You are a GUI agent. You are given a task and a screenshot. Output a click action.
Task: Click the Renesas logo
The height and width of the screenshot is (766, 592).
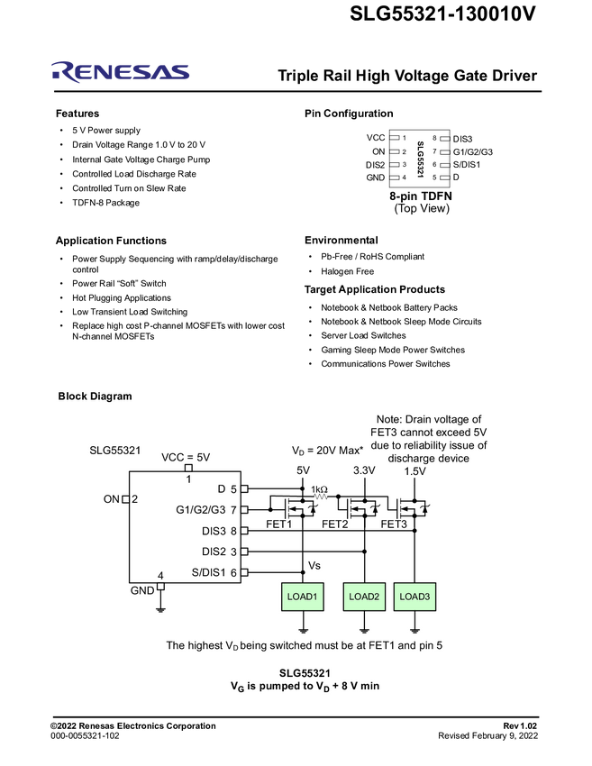pos(121,72)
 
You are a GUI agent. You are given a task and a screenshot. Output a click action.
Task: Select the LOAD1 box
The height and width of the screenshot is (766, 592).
pos(303,597)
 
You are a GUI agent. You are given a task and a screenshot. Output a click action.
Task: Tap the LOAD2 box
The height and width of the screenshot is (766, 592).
pos(364,597)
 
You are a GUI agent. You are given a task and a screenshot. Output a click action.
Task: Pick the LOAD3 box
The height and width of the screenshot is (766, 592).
pos(415,597)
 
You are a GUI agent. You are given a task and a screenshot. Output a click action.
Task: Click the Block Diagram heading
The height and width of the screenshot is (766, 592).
pos(95,397)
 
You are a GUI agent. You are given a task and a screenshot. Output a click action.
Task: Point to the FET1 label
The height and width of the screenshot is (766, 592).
pos(279,524)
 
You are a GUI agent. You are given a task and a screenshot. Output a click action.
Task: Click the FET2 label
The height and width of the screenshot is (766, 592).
pos(335,524)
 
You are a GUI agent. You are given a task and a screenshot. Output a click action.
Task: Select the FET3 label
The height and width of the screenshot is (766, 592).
pos(395,524)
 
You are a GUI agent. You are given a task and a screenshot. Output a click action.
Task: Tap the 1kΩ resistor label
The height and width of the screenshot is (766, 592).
pos(319,490)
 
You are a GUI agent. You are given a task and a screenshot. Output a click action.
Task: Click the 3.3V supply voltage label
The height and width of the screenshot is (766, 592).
pos(364,470)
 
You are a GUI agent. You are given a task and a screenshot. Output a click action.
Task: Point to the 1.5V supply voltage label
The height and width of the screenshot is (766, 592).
pos(415,470)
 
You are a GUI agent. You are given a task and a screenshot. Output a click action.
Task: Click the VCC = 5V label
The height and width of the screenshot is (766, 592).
pos(186,457)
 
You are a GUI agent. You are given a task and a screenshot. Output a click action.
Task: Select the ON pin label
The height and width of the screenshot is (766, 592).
pos(112,498)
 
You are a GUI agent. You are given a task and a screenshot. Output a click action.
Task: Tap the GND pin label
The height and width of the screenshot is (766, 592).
pos(142,591)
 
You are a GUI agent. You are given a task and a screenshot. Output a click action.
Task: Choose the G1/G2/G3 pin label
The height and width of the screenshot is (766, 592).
pos(203,510)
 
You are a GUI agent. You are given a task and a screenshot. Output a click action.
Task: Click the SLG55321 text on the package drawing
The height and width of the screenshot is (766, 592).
pos(420,158)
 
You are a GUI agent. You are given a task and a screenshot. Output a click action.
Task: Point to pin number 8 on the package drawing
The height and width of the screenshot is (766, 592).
pos(434,138)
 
